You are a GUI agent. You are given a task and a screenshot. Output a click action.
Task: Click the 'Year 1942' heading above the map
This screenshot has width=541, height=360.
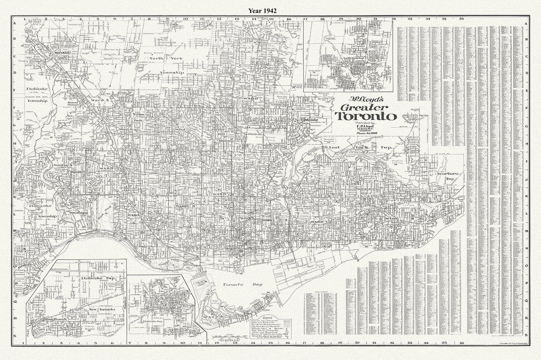[262, 11]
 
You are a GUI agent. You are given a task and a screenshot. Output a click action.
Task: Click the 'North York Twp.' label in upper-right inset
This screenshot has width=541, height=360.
[348, 60]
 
